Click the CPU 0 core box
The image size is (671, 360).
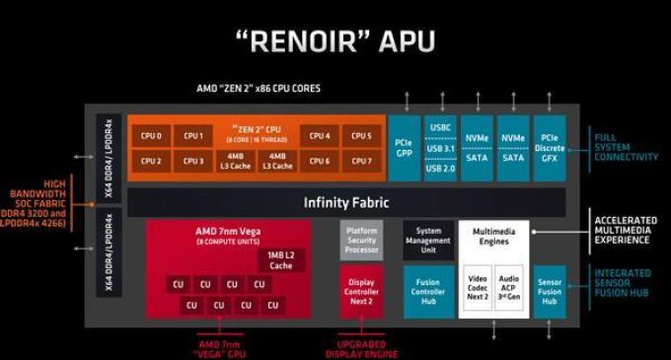pyautogui.click(x=152, y=136)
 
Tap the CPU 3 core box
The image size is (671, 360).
pyautogui.click(x=194, y=161)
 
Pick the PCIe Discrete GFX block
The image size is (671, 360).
pyautogui.click(x=549, y=148)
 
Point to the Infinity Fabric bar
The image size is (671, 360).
pyautogui.click(x=345, y=203)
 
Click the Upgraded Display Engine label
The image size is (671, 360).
pyautogui.click(x=361, y=348)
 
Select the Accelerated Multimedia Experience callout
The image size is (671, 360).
pyautogui.click(x=627, y=226)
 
